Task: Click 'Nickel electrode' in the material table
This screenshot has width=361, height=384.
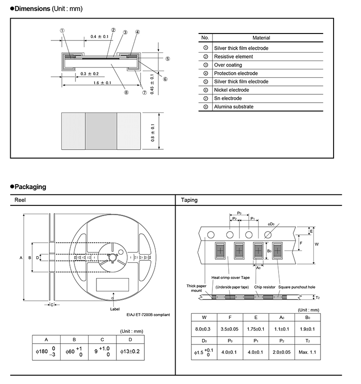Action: [x=231, y=90]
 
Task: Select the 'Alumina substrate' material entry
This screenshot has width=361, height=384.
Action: [x=234, y=106]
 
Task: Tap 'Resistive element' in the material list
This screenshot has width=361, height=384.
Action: [x=233, y=56]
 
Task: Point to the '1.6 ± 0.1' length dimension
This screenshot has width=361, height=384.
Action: [x=102, y=83]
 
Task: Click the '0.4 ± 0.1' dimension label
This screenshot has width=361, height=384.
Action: [x=99, y=36]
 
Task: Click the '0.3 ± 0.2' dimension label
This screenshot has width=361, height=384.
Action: [x=89, y=74]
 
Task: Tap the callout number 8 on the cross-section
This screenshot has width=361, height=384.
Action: [x=126, y=92]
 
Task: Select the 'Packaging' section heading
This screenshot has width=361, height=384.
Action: [x=30, y=187]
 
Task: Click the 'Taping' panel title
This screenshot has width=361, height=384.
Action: [x=189, y=200]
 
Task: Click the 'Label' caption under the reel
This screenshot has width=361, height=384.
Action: [x=115, y=308]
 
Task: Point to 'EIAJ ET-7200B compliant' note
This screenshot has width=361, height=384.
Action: [x=148, y=315]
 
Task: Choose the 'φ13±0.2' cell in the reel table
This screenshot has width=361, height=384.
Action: [x=130, y=351]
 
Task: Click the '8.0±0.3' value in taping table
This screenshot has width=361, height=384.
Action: [x=204, y=329]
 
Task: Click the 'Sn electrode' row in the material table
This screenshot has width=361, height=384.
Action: [x=228, y=98]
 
